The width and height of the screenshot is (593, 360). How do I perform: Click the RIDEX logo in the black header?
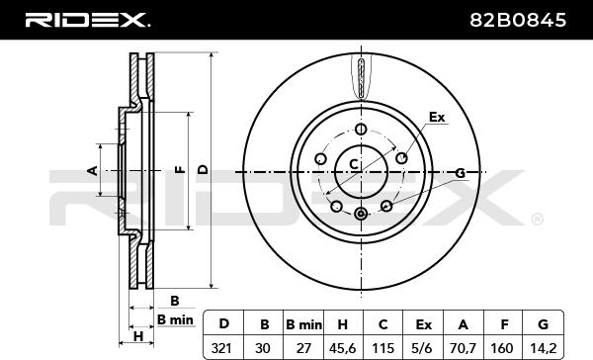(x=87, y=20)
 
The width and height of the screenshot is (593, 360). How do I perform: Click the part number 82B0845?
(x=518, y=20)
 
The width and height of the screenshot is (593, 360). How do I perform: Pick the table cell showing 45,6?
(x=343, y=347)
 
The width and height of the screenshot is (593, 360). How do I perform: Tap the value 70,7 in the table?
(x=463, y=347)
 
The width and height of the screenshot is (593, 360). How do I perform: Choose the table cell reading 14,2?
(x=543, y=347)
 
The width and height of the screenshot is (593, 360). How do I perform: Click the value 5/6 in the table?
(x=423, y=347)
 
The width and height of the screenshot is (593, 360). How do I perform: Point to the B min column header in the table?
(x=303, y=324)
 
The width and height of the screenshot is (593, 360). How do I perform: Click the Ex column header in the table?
(x=423, y=324)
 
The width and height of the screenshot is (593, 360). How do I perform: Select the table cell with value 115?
(x=383, y=347)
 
